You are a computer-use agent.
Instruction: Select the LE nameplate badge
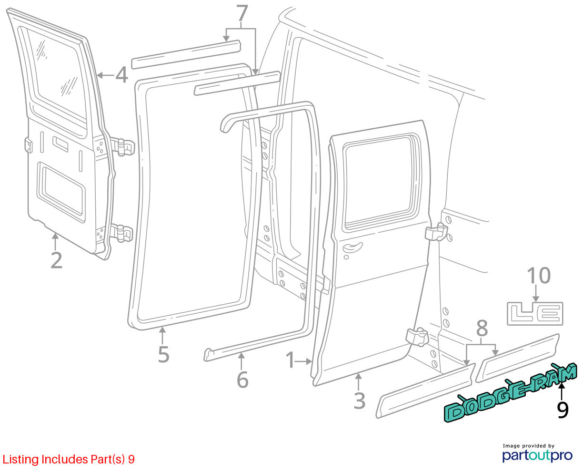tap(535, 314)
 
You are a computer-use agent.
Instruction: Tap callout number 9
tap(563, 410)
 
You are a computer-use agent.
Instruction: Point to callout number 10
tap(539, 276)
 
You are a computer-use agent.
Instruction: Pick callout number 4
tap(121, 75)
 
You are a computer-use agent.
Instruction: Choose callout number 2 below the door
tap(57, 260)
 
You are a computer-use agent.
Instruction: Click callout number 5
tap(163, 354)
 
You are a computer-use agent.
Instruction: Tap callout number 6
tap(242, 380)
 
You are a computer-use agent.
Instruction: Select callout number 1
tap(291, 360)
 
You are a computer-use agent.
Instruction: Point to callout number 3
tap(360, 401)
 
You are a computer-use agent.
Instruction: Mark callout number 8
tap(482, 328)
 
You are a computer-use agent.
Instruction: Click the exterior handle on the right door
tap(352, 247)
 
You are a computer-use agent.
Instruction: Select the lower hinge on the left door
tap(121, 233)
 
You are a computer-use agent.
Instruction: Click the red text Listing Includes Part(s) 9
tap(69, 459)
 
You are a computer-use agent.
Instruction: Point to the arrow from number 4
tap(106, 75)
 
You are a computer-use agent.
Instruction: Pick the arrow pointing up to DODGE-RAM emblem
tap(562, 391)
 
